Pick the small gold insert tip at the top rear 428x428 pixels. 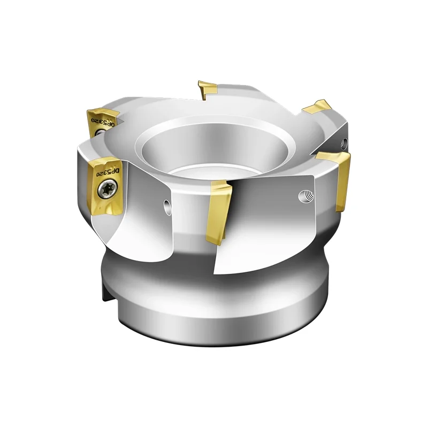click(x=207, y=89)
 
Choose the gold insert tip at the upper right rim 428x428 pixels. click(x=317, y=106)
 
